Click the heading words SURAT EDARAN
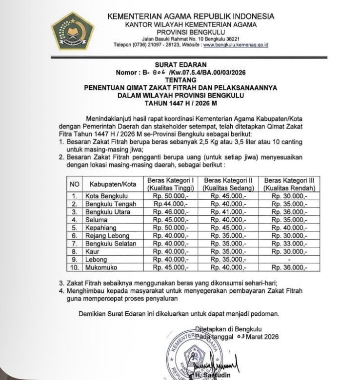[180, 64]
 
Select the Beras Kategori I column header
[171, 184]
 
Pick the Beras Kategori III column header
[289, 184]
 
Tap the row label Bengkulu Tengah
[111, 204]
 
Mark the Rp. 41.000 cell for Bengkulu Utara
[228, 212]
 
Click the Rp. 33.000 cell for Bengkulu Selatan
[289, 244]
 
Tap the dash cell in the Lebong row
[289, 260]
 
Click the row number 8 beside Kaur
[74, 251]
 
